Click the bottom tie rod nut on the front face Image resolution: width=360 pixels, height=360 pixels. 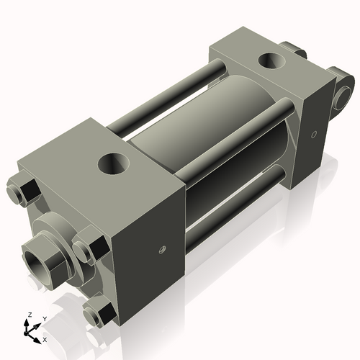pyautogui.click(x=97, y=314)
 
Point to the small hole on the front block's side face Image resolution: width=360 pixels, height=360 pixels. pyautogui.click(x=162, y=250)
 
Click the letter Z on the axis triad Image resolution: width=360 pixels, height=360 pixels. pyautogui.click(x=28, y=315)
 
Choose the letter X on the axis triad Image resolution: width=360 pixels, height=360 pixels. pyautogui.click(x=45, y=338)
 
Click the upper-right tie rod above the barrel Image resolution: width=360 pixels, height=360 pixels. pyautogui.click(x=238, y=137)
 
